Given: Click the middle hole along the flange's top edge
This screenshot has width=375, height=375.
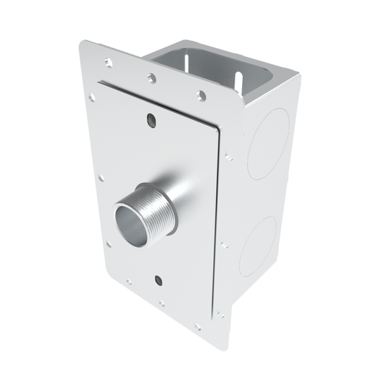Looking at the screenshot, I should coord(151,75).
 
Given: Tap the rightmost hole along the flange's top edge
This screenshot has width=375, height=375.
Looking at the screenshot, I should coord(203,93).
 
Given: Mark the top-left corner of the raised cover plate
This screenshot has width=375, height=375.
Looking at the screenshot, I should coord(94,83).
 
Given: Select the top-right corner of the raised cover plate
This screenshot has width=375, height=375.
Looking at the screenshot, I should coord(217,131).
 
